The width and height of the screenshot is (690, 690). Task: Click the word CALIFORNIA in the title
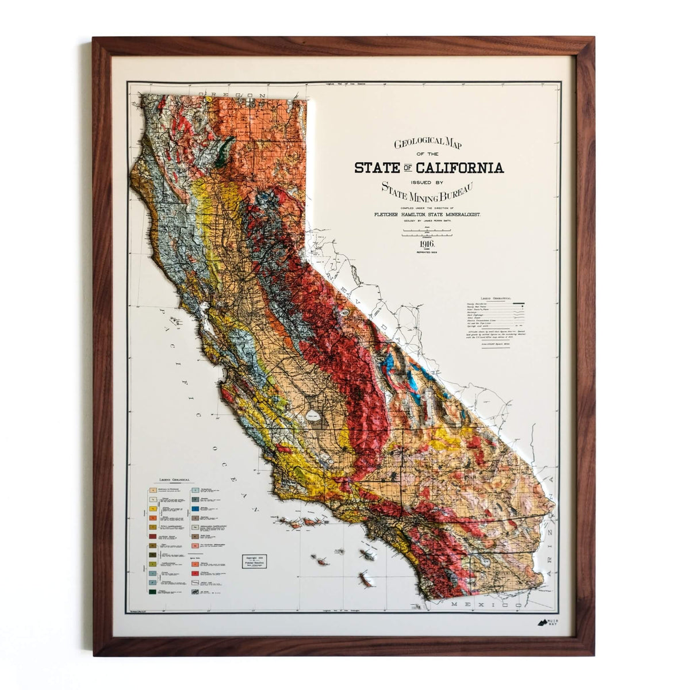[x=460, y=168]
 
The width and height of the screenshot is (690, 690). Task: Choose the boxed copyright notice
[x=254, y=561]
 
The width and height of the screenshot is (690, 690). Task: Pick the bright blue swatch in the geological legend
[x=196, y=509]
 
